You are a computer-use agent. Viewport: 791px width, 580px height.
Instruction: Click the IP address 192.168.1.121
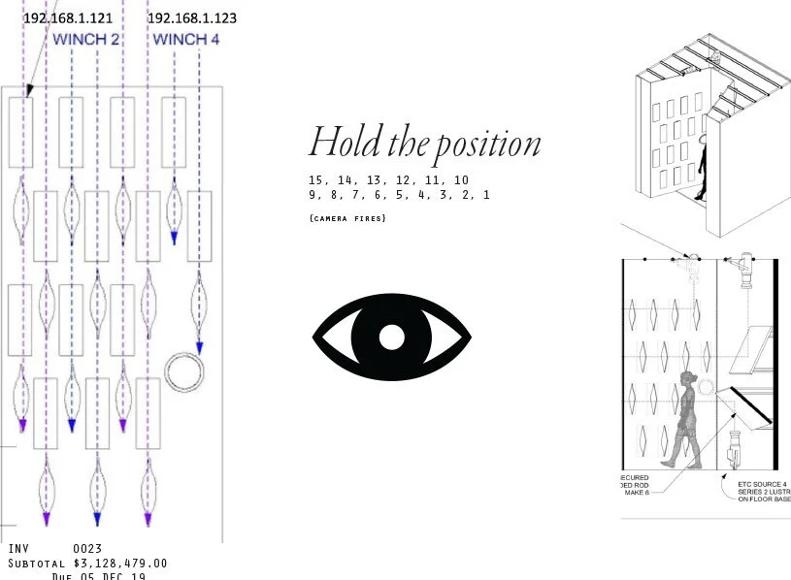pos(67,18)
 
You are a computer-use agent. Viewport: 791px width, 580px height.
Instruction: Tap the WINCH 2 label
pos(86,40)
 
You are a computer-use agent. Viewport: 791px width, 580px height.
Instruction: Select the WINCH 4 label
pos(186,40)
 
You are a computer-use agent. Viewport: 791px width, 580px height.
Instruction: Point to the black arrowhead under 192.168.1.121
pos(29,89)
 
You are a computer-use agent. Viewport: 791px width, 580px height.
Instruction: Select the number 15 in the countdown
pos(315,180)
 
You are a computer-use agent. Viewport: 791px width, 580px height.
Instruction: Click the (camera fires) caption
pos(347,218)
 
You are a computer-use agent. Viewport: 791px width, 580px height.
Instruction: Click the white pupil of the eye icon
pos(391,337)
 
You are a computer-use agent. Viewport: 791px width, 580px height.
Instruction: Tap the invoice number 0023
pos(87,549)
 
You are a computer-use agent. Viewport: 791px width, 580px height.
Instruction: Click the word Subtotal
pos(37,564)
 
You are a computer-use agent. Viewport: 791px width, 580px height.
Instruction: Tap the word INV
pos(18,549)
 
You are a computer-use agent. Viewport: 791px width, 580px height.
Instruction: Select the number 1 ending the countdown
pos(485,195)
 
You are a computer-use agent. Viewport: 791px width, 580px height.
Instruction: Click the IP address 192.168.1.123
pos(191,18)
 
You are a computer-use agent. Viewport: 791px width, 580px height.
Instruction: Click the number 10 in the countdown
pos(460,180)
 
